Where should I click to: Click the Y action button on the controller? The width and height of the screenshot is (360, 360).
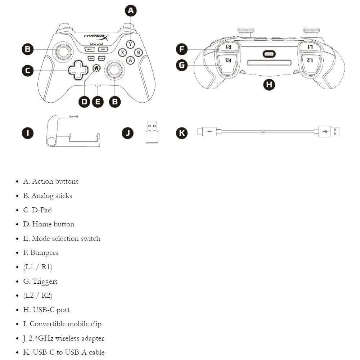click(x=131, y=44)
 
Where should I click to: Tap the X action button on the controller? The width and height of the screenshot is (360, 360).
click(x=122, y=52)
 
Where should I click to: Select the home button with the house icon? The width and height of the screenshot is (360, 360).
click(x=96, y=67)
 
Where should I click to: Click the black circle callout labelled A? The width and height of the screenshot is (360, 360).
click(x=131, y=11)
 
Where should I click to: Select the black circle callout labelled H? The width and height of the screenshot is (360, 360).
click(x=269, y=84)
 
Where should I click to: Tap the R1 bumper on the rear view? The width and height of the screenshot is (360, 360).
click(x=228, y=47)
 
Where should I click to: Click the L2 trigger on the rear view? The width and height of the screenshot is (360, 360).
click(x=310, y=60)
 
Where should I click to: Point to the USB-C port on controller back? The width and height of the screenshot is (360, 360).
click(x=269, y=54)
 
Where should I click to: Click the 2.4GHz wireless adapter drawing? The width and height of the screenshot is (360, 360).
click(x=152, y=132)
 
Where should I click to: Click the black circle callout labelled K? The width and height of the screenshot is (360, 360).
click(x=181, y=133)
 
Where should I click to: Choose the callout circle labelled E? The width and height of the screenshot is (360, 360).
click(x=98, y=102)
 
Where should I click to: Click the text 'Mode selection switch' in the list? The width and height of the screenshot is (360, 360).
click(x=66, y=238)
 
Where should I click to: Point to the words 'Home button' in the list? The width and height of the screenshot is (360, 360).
click(x=53, y=224)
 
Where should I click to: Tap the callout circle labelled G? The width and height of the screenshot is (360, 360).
click(x=182, y=65)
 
